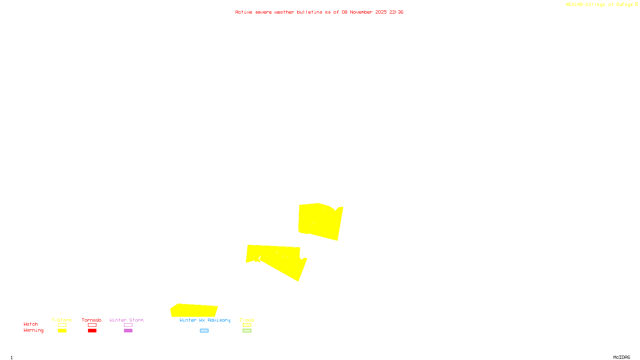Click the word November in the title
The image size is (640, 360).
(x=361, y=12)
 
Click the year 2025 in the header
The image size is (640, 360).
(x=381, y=12)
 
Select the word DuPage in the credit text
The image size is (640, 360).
(x=624, y=4)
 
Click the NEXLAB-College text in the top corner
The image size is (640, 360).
(x=586, y=4)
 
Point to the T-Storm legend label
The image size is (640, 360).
(x=62, y=320)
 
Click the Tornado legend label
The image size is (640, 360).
(x=92, y=320)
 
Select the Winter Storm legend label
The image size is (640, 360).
(x=126, y=320)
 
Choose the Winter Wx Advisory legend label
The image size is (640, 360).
(x=205, y=320)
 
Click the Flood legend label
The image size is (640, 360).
(x=247, y=320)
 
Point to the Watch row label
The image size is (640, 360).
(x=31, y=324)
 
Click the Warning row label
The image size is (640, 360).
(x=33, y=330)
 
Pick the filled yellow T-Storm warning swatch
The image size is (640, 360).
(x=62, y=331)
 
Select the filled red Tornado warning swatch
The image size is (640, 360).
(x=92, y=331)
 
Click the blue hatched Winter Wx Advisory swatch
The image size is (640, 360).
(x=204, y=331)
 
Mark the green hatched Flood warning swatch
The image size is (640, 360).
(x=247, y=331)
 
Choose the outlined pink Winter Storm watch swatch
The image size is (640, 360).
(x=128, y=325)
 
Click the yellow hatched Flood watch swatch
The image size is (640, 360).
(x=247, y=325)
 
